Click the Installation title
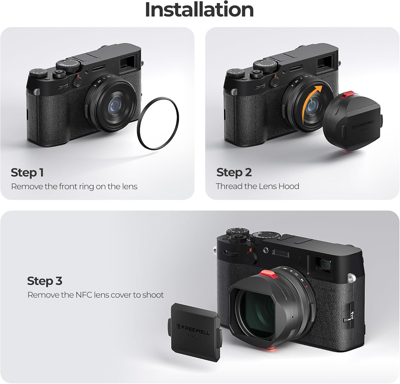(199, 10)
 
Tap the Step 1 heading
(27, 173)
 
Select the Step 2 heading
(234, 172)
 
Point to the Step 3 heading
(45, 281)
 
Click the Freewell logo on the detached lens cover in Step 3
(193, 330)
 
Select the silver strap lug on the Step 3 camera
(351, 278)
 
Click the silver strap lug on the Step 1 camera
(37, 92)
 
